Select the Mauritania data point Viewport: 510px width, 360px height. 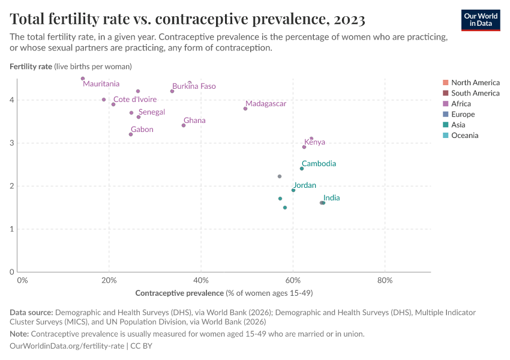(83, 79)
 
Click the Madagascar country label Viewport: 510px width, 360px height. (266, 104)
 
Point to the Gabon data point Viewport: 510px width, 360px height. (131, 134)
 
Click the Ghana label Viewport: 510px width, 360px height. (194, 121)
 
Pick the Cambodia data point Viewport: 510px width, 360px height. (302, 169)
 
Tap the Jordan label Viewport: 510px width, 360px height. (305, 185)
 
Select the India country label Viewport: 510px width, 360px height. (331, 198)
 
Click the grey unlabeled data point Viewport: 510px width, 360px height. (280, 176)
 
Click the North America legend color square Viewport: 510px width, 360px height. (445, 83)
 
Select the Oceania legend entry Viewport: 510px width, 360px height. (464, 136)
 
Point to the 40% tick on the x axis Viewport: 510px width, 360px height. (201, 280)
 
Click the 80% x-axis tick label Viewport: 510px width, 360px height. (385, 280)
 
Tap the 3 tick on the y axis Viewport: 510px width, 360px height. (11, 143)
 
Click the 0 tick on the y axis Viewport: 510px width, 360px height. (11, 272)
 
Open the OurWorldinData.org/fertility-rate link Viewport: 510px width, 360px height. (67, 346)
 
